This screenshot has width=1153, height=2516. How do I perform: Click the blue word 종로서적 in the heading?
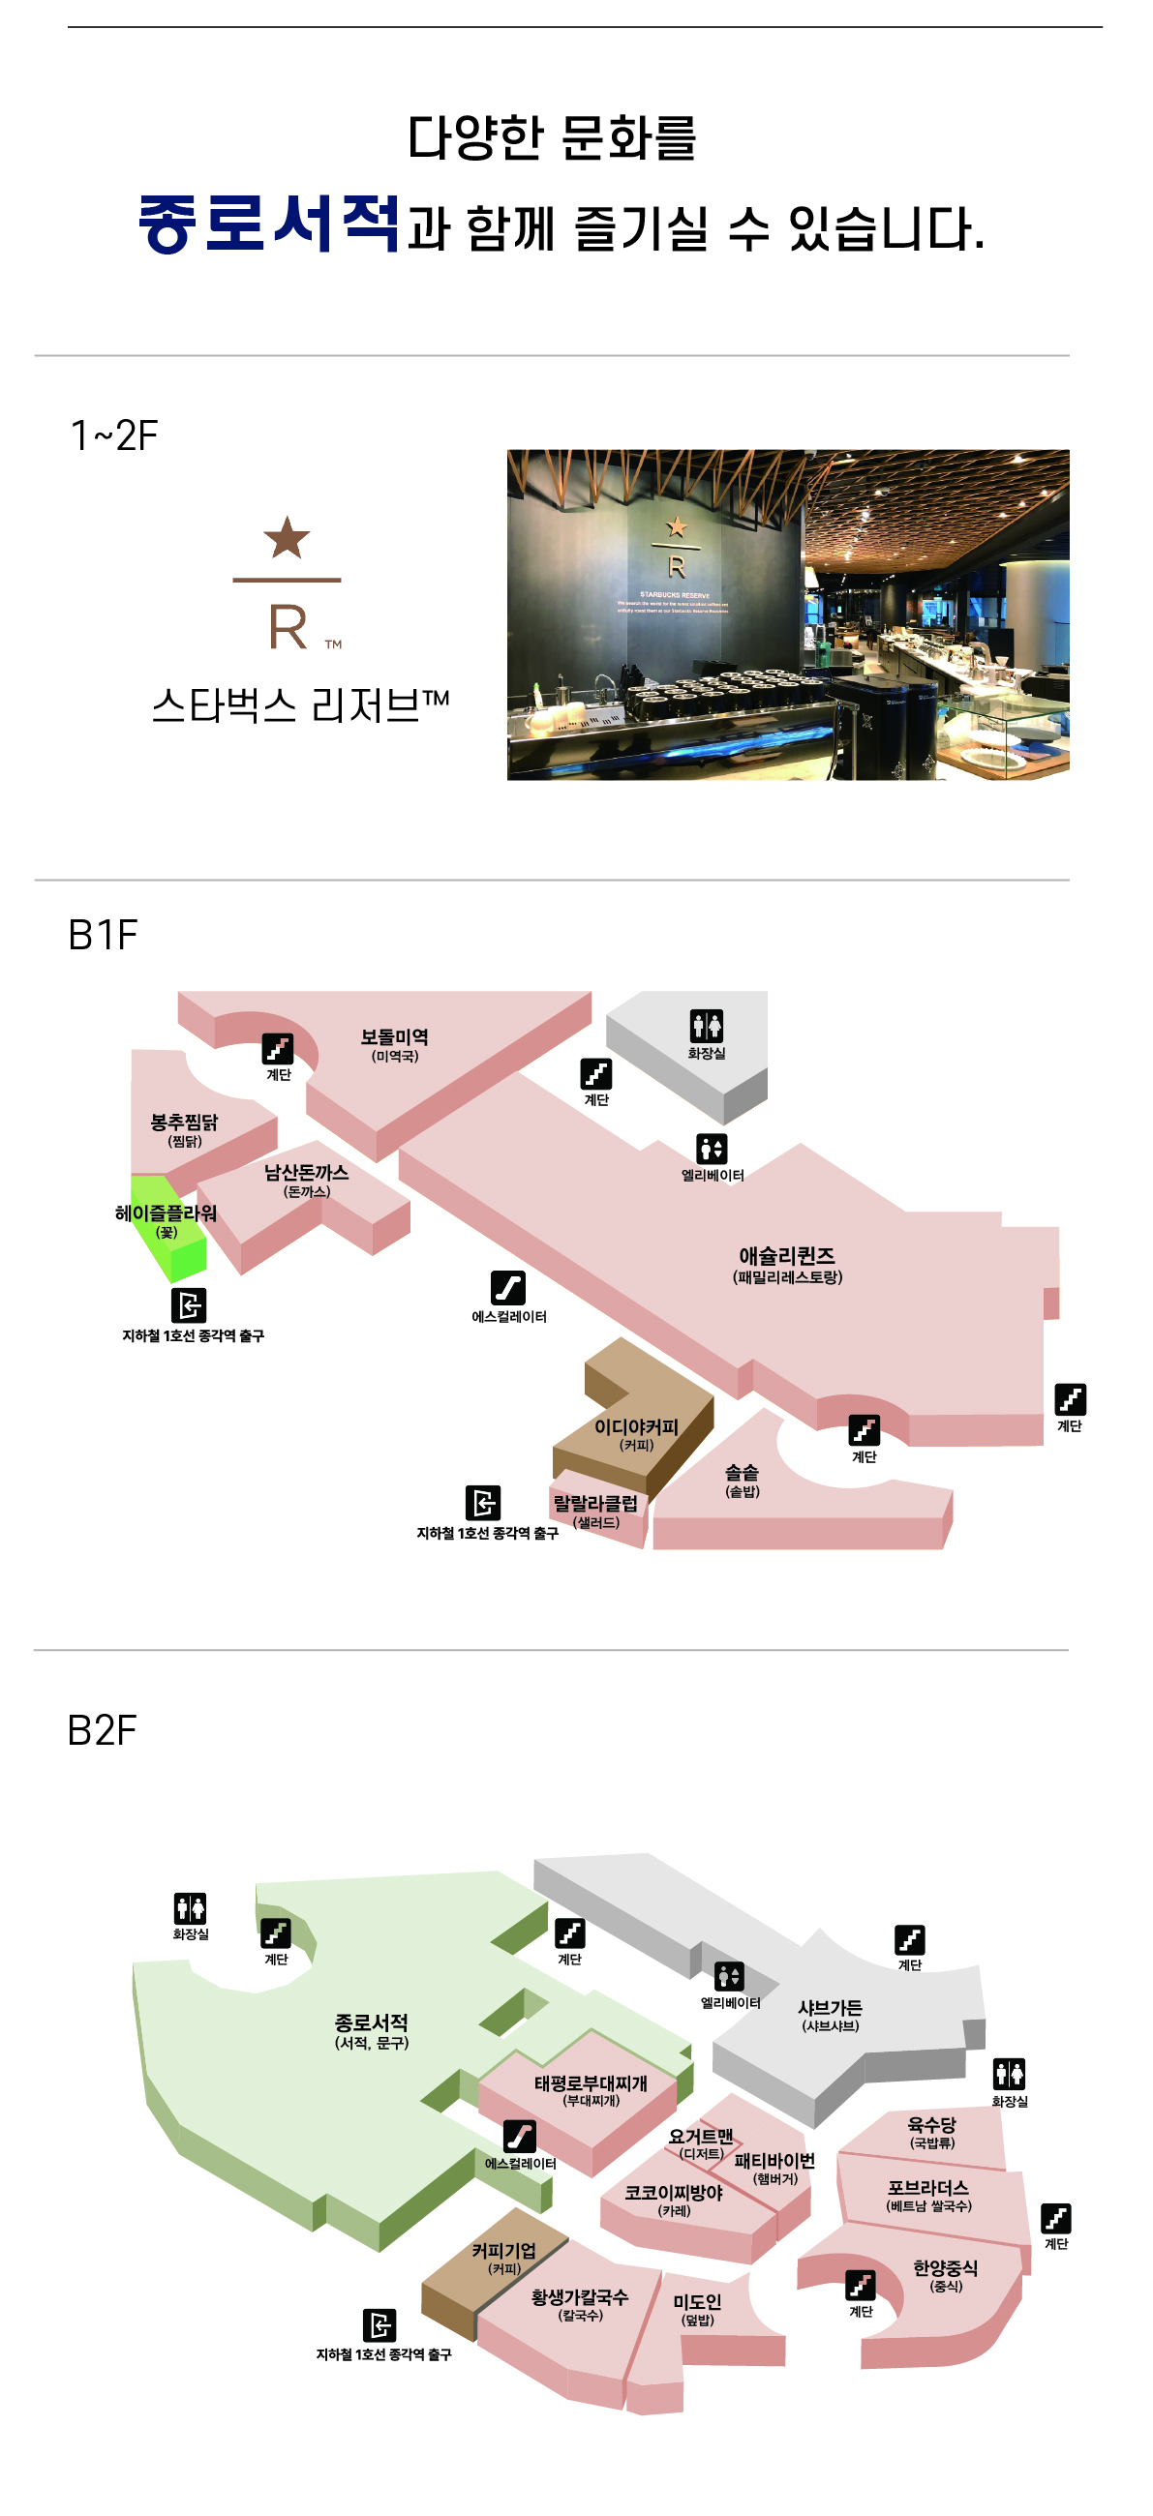coord(269,224)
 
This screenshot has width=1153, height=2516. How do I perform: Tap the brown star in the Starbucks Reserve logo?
coord(287,538)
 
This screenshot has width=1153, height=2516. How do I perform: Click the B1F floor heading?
coord(103,935)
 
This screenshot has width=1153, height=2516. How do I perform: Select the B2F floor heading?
coord(102,1730)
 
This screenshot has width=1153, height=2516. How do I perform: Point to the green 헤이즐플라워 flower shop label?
coord(167,1213)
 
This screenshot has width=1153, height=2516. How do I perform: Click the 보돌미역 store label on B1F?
coord(394,1037)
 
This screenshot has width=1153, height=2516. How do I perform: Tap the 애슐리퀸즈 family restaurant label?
coord(787,1256)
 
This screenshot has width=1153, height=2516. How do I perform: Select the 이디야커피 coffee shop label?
coord(636,1427)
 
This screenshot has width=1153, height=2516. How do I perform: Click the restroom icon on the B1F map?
coord(707,1026)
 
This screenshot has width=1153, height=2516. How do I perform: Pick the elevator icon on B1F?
coord(712,1149)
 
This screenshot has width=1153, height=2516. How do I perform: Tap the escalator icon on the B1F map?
coord(508,1288)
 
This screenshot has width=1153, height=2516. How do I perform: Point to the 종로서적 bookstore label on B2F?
coord(372,2022)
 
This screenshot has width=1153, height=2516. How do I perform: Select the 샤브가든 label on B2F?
coord(831,2007)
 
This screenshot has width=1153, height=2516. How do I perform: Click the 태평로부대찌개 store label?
coord(591,2083)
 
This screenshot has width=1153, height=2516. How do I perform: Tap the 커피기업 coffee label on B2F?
coord(504,2250)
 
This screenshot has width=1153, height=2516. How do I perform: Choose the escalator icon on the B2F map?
coord(519,2136)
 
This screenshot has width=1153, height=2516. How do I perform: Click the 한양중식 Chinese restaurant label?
coord(945,2268)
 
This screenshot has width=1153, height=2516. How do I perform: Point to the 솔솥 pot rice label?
coord(742,1473)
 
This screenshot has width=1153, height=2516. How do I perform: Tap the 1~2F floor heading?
coord(114,435)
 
